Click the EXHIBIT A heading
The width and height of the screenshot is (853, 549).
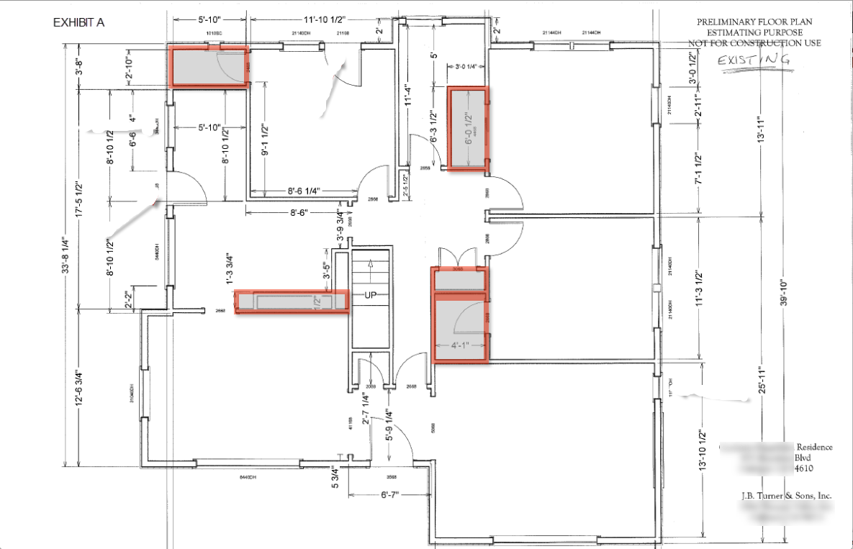(x=79, y=22)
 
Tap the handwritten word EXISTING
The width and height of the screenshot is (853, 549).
(x=754, y=60)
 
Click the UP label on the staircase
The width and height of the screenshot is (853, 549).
(x=371, y=296)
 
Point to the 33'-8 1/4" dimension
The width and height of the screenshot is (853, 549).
(x=66, y=256)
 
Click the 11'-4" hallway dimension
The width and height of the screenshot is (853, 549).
(x=407, y=96)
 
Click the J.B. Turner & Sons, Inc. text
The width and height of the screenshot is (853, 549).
(x=786, y=496)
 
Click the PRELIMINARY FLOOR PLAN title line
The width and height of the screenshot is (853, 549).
(x=754, y=22)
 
